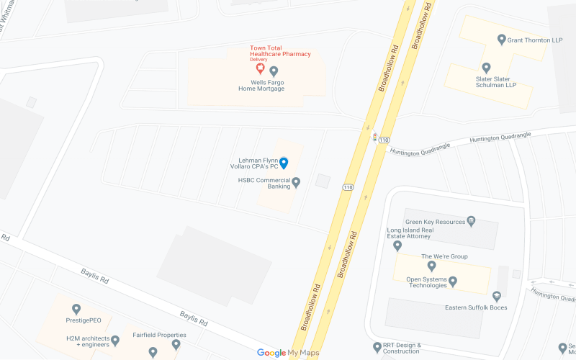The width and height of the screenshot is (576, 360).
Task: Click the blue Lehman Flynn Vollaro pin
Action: [x=284, y=163]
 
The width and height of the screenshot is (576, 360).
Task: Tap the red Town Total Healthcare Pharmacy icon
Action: [x=261, y=68]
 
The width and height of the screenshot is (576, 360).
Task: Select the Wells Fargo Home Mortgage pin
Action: [x=274, y=71]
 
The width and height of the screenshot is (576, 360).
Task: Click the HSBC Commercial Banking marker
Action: [x=296, y=182]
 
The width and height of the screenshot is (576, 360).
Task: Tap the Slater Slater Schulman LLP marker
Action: [x=486, y=67]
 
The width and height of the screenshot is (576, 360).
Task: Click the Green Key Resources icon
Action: [x=471, y=221]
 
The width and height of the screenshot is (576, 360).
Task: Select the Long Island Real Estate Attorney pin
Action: [x=397, y=246]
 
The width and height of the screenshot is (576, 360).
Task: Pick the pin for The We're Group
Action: [x=432, y=266]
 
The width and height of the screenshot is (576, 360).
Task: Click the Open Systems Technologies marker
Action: [x=453, y=281]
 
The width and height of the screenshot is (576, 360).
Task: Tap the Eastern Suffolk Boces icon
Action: [x=496, y=296]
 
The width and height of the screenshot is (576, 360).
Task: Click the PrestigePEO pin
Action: [x=76, y=309]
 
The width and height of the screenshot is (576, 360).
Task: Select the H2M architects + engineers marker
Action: [x=115, y=340]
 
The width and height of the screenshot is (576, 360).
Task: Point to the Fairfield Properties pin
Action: [x=176, y=345]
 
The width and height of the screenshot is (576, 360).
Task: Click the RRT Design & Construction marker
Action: [x=377, y=348]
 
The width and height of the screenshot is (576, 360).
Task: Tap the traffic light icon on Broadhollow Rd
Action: [x=374, y=137]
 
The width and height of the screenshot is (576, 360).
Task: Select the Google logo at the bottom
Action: [x=271, y=353]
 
